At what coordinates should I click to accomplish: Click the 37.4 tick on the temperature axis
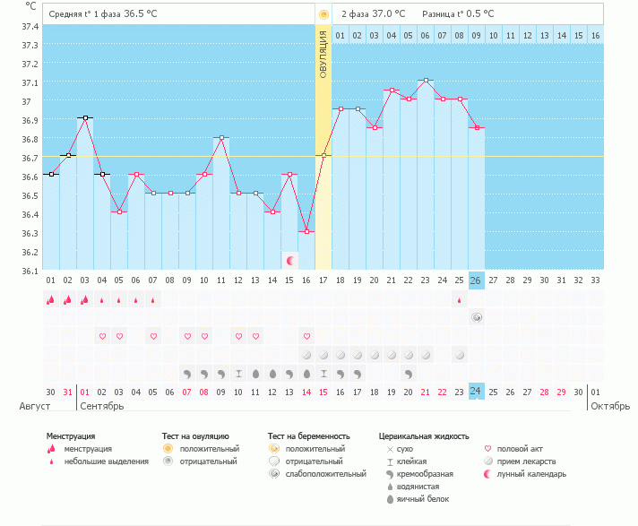(30, 27)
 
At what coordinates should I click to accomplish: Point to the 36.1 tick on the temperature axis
(30, 271)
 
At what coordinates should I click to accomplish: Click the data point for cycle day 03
(85, 117)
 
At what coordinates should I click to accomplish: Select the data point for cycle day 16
(306, 231)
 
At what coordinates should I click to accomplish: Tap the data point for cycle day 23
(426, 81)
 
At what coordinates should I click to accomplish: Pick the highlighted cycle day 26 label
(477, 280)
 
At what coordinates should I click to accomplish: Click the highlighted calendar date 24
(477, 391)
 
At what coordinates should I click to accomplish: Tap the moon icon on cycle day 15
(289, 261)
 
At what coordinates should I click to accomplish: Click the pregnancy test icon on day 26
(477, 317)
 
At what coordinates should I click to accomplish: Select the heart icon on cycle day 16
(306, 336)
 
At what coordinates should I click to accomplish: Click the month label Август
(34, 406)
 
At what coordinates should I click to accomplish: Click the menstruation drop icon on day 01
(51, 300)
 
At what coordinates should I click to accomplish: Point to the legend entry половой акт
(517, 449)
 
